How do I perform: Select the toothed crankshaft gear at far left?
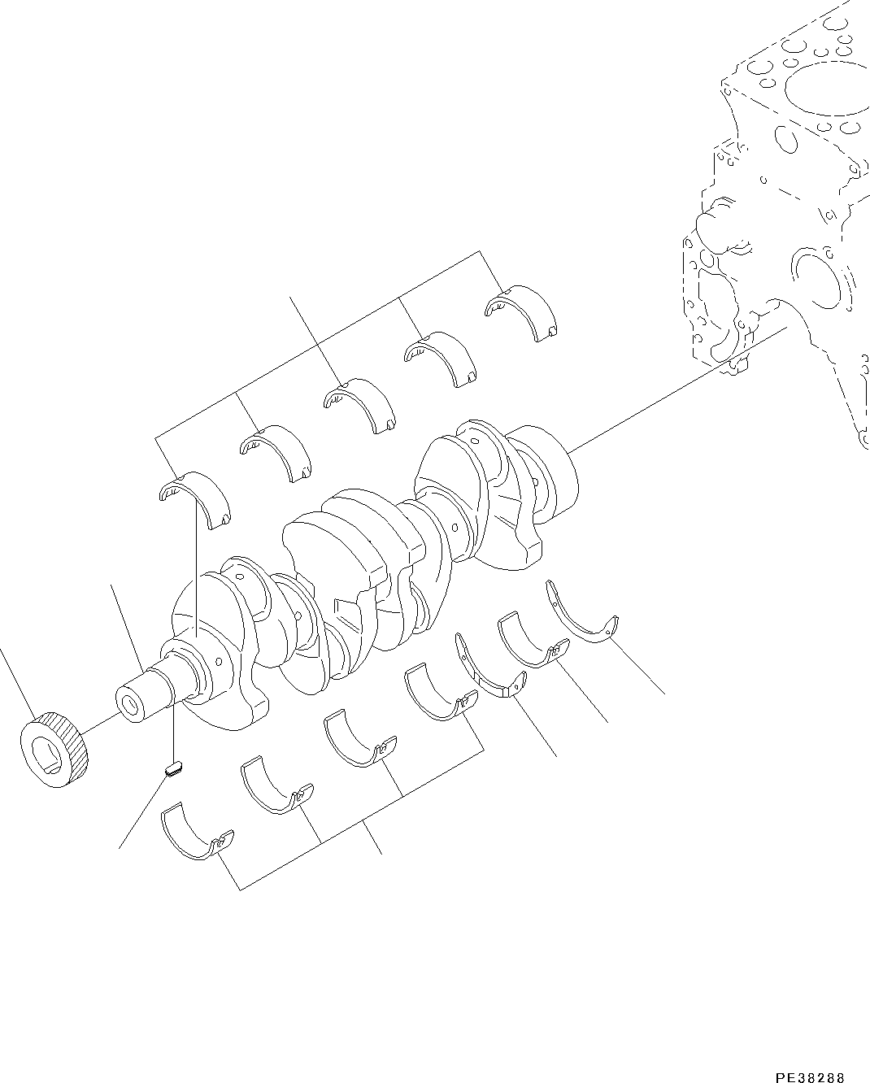pos(54,750)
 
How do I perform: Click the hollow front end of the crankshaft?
pos(129,703)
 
